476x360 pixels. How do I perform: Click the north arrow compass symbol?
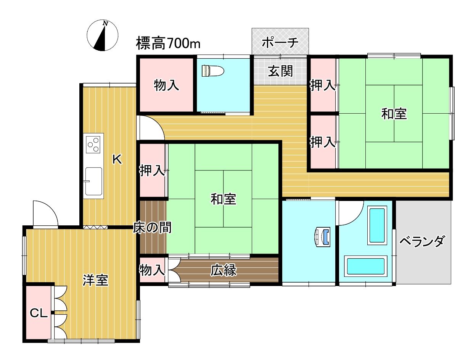[x=102, y=35]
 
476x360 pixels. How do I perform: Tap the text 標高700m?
[x=168, y=43]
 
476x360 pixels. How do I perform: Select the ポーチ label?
[x=280, y=42]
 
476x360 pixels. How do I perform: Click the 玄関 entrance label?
[x=280, y=71]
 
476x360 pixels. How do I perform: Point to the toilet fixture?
[x=213, y=71]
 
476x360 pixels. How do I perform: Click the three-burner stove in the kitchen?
[x=93, y=145]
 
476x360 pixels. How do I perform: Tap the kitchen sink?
[x=93, y=182]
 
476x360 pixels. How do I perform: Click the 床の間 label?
[x=152, y=227]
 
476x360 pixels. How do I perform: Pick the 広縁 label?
[x=224, y=270]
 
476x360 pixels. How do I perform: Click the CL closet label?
[x=39, y=313]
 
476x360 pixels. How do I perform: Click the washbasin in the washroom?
[x=322, y=237]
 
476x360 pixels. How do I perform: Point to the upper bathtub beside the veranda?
[x=377, y=225]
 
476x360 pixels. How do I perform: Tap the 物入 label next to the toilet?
[x=166, y=85]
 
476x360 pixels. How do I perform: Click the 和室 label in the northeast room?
[x=394, y=114]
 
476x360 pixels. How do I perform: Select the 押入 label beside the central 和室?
[x=153, y=170]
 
